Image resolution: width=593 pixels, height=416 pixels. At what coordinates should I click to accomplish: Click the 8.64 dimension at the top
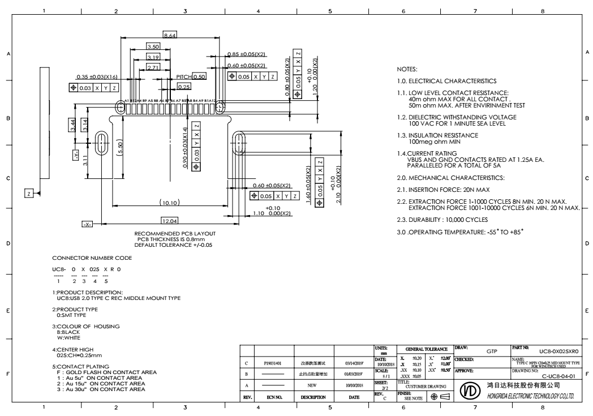(169, 36)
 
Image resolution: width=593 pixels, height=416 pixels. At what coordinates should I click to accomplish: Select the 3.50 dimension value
(153, 46)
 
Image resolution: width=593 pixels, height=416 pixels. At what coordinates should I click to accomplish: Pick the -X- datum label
(87, 225)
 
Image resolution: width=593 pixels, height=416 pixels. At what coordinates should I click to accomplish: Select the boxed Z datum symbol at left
(28, 194)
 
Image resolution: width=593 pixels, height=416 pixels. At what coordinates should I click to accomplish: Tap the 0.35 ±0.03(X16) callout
(97, 78)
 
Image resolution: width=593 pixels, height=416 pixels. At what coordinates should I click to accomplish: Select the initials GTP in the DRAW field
(492, 351)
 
